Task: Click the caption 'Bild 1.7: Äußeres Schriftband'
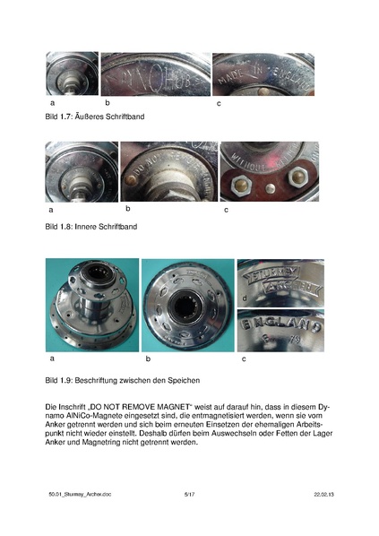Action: [93, 117]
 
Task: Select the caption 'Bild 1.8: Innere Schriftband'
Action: [90, 228]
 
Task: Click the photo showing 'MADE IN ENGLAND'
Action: [263, 73]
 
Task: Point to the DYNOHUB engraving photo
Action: [155, 73]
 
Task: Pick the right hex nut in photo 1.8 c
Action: [288, 189]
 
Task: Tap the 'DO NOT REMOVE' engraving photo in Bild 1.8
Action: [168, 170]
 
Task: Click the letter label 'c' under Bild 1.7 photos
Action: [220, 105]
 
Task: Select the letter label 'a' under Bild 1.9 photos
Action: [51, 359]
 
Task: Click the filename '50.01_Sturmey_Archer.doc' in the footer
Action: [81, 494]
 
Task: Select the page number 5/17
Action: [189, 494]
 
